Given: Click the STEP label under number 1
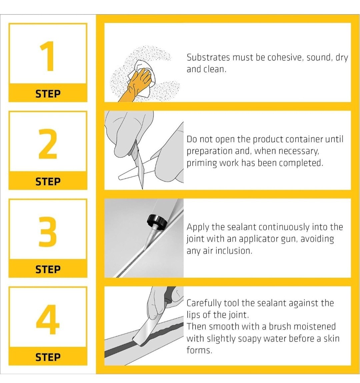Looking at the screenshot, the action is point(48,94).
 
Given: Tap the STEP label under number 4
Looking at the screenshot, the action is point(48,357).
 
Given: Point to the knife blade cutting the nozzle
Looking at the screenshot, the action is point(138,166).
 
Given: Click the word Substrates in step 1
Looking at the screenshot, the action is point(208,58).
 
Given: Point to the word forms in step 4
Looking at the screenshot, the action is point(199,350).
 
